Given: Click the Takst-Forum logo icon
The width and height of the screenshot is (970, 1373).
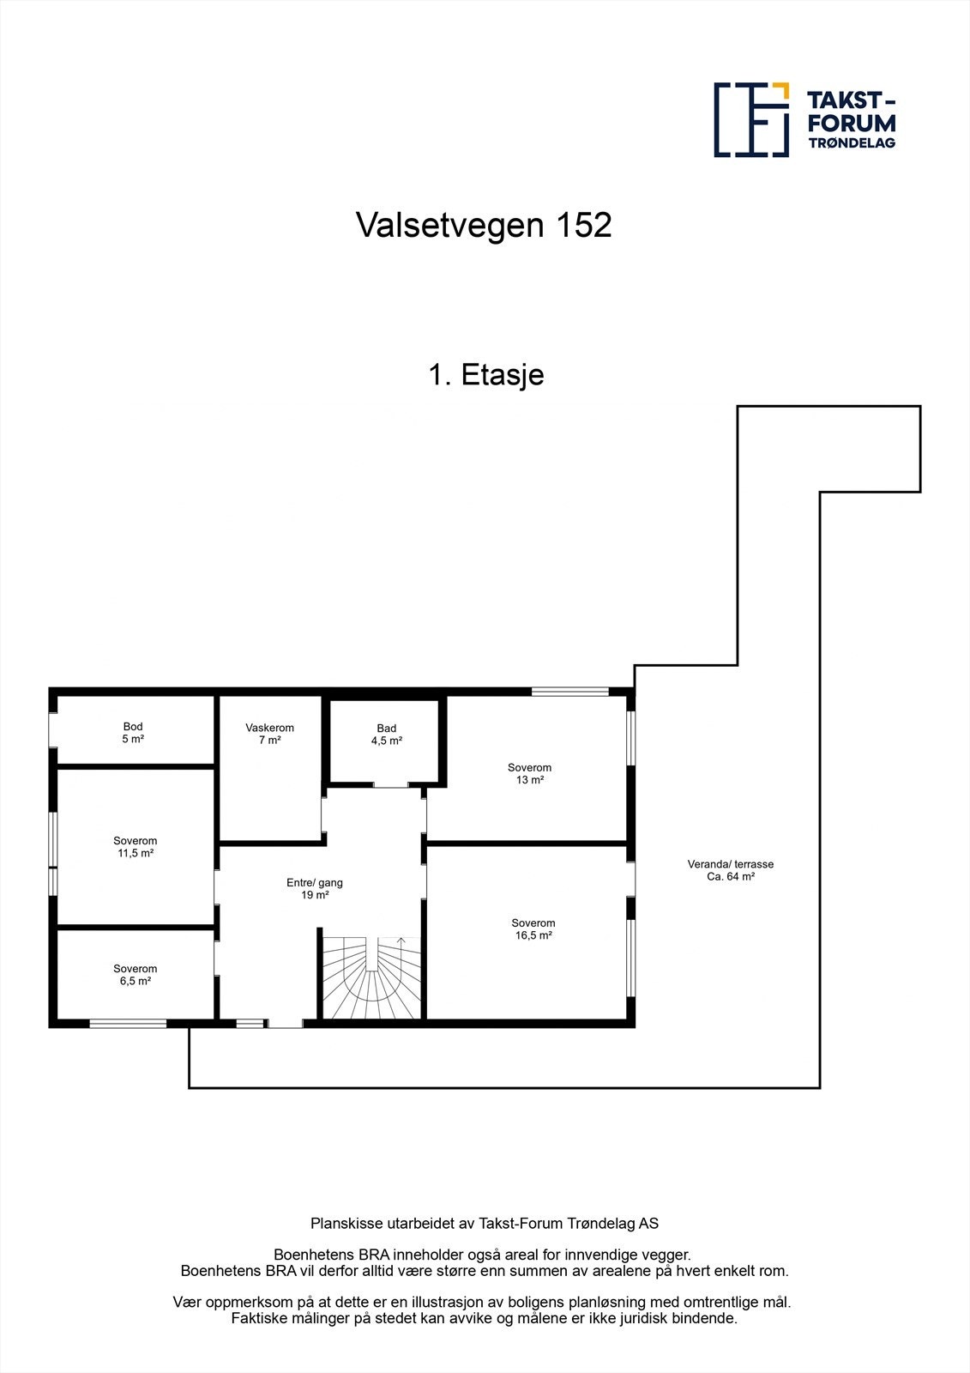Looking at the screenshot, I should (751, 119).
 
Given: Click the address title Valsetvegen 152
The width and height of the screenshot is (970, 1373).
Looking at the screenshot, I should (484, 226).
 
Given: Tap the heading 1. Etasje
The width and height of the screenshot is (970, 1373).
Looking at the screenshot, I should (486, 375).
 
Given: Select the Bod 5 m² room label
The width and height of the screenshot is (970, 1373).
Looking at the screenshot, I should (133, 733).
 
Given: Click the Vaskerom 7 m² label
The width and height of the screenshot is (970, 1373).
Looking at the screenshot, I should (269, 734).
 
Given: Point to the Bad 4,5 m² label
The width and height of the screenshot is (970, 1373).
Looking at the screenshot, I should (387, 735).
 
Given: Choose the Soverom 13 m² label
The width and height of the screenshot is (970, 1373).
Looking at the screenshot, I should (529, 774).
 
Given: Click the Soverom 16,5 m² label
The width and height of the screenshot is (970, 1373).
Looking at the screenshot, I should (533, 929).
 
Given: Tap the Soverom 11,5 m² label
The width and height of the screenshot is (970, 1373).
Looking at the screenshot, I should (136, 847).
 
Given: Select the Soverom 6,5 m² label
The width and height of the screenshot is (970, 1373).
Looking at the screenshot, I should (136, 975).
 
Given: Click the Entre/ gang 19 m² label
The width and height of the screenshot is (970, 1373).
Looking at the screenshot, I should (315, 888).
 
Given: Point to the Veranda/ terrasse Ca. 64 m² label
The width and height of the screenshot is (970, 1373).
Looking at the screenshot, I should (731, 871).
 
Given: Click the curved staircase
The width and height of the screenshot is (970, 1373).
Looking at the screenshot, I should (372, 978).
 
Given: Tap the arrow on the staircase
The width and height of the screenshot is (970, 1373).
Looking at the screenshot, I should (401, 941).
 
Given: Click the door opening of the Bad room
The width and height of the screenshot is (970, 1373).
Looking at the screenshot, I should (390, 784).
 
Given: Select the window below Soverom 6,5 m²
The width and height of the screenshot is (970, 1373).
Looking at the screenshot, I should (128, 1023).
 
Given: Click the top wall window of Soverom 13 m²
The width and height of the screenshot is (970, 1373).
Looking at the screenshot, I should (569, 691).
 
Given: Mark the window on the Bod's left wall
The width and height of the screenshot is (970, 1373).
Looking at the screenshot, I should (52, 730).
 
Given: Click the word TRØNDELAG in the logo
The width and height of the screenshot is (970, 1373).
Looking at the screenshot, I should (852, 142).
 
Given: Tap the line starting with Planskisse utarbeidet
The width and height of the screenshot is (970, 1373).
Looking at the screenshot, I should (485, 1224).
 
